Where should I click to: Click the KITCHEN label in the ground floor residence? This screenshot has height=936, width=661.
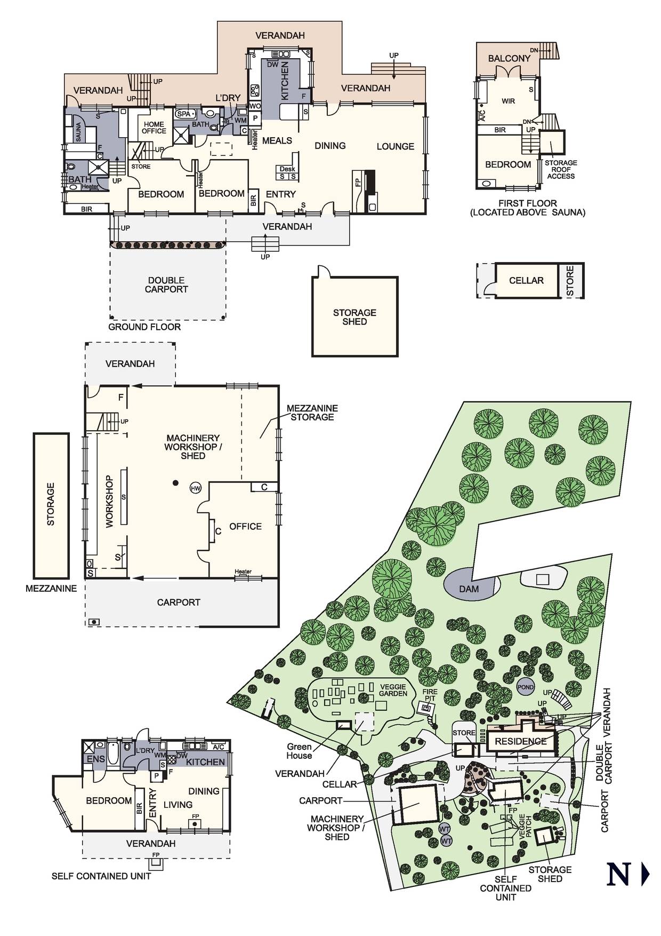pyautogui.click(x=285, y=81)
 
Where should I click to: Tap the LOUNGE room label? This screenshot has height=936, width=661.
pyautogui.click(x=396, y=146)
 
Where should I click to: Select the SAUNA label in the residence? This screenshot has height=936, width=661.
pyautogui.click(x=78, y=132)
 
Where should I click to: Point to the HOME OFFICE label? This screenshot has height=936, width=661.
pyautogui.click(x=154, y=128)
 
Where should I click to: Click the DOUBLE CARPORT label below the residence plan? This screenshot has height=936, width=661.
pyautogui.click(x=166, y=284)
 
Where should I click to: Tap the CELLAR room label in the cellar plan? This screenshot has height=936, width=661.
pyautogui.click(x=526, y=281)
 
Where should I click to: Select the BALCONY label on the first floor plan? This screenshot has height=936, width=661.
pyautogui.click(x=509, y=58)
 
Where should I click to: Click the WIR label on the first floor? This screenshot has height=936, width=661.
pyautogui.click(x=508, y=101)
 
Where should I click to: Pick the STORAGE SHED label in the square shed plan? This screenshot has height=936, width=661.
pyautogui.click(x=354, y=317)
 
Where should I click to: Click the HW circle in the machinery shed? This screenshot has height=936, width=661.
pyautogui.click(x=196, y=488)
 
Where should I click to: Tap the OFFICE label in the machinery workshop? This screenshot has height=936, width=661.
pyautogui.click(x=245, y=526)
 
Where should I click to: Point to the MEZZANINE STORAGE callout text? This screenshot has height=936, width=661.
pyautogui.click(x=312, y=413)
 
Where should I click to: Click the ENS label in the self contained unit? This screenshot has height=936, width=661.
pyautogui.click(x=96, y=759)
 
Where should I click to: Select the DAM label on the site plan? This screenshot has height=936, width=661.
pyautogui.click(x=469, y=589)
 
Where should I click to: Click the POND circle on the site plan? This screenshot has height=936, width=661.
pyautogui.click(x=526, y=687)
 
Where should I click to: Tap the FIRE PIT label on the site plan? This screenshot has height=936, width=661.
pyautogui.click(x=430, y=695)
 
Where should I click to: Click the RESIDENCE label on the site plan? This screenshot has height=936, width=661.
pyautogui.click(x=520, y=741)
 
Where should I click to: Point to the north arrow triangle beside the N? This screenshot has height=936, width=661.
pyautogui.click(x=645, y=875)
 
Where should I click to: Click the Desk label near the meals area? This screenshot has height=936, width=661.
pyautogui.click(x=287, y=169)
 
